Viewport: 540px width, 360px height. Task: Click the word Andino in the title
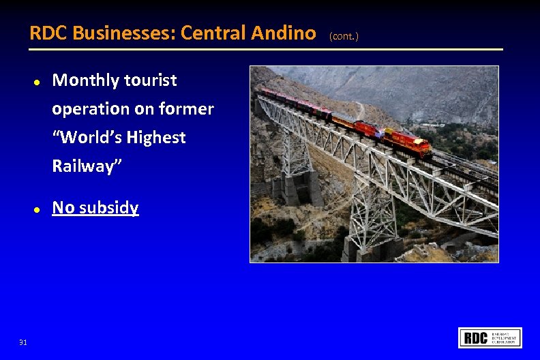pos(280,33)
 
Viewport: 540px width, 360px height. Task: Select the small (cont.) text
pos(344,35)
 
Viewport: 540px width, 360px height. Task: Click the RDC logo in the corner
pos(490,337)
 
